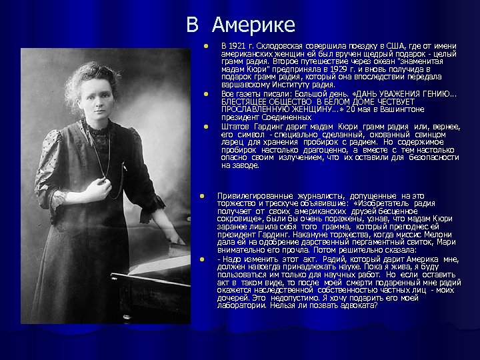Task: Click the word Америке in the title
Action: pos(253,25)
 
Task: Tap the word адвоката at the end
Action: pos(355,305)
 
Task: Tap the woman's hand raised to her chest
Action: pos(95,191)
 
